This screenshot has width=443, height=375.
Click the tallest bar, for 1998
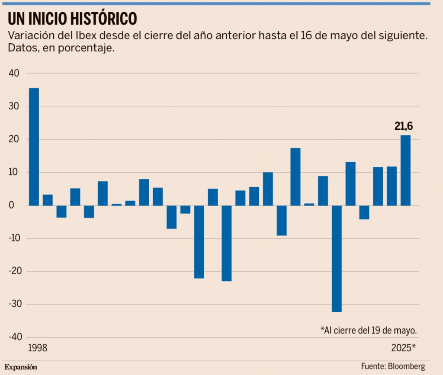click(34, 147)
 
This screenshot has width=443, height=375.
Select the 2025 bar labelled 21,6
click(405, 170)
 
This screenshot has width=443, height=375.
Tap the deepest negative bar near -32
click(337, 259)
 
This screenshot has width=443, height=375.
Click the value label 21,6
click(404, 126)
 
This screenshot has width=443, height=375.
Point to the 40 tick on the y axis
click(14, 74)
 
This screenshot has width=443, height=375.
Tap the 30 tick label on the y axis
click(14, 106)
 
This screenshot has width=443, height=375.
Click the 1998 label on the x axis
click(37, 348)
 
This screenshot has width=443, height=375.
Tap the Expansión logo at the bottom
click(21, 367)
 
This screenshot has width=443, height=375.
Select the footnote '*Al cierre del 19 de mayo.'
click(369, 330)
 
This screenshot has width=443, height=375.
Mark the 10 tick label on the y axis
click(14, 173)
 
